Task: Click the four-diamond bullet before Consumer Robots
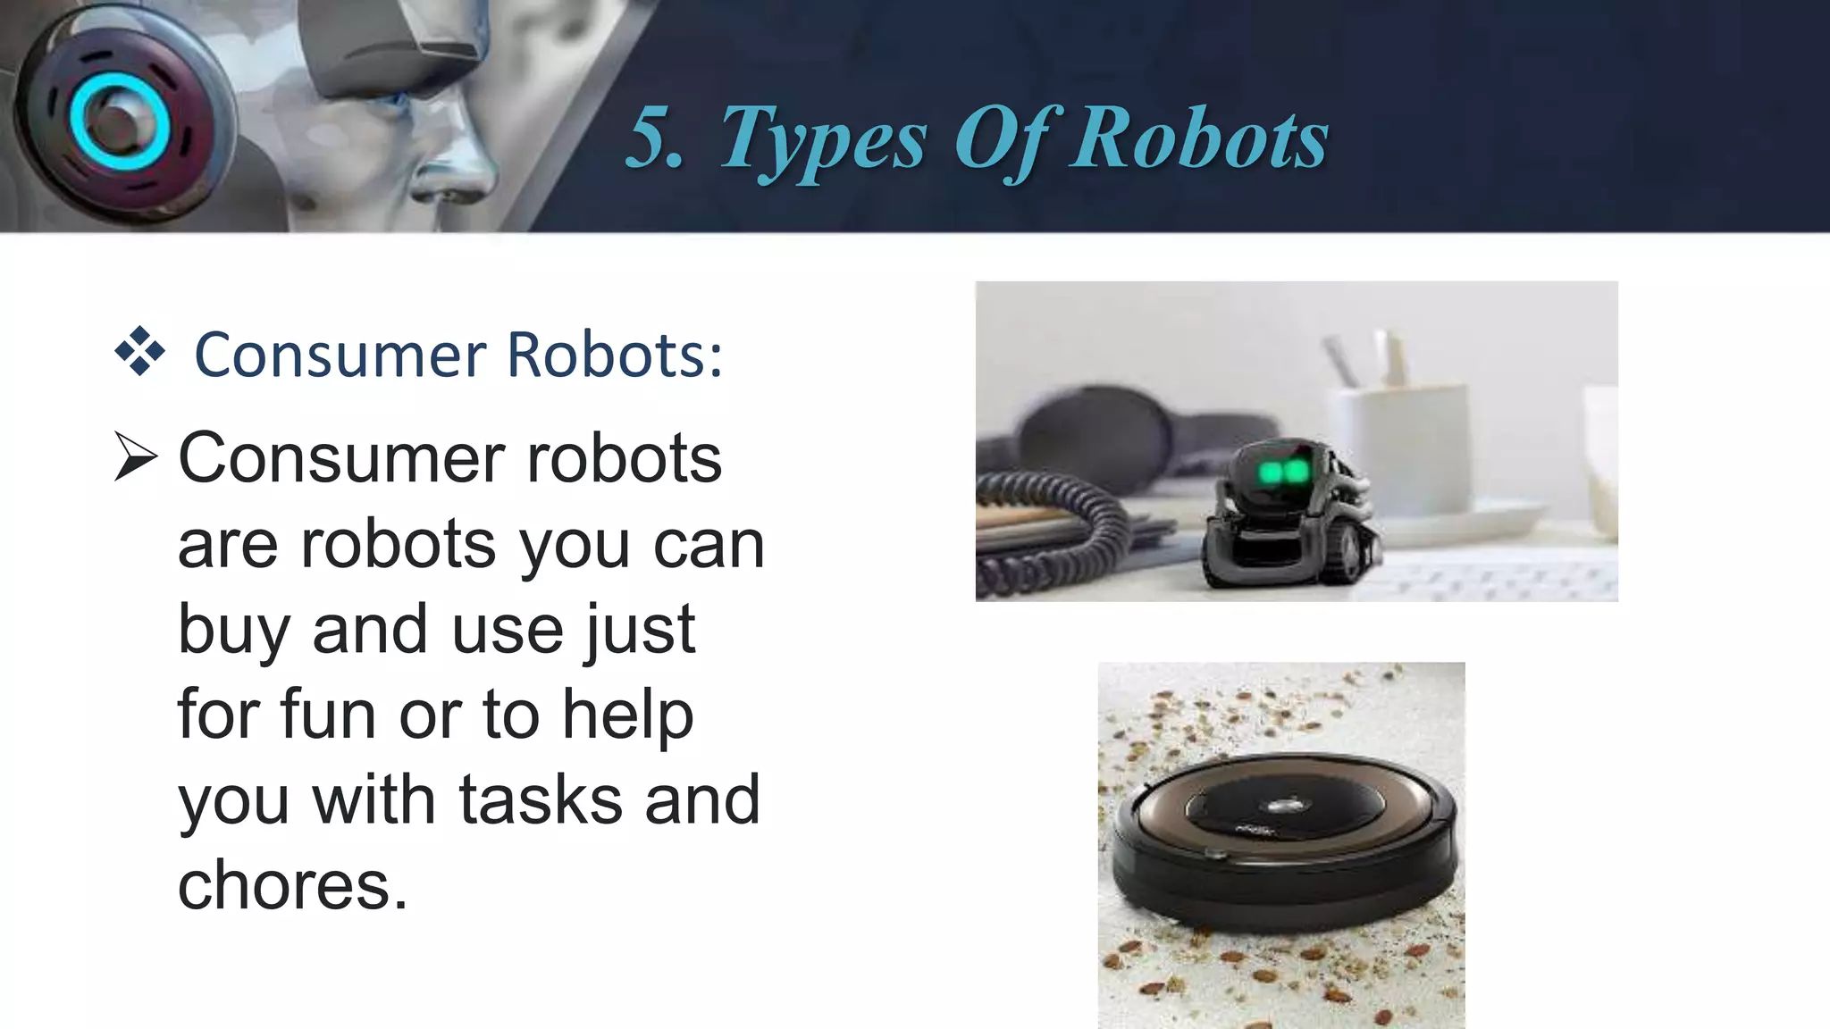pyautogui.click(x=140, y=352)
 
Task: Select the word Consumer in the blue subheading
pyautogui.click(x=340, y=355)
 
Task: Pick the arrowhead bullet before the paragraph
pyautogui.click(x=136, y=458)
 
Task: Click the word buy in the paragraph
pyautogui.click(x=233, y=630)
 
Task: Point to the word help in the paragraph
pyautogui.click(x=627, y=714)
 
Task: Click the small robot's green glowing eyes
pyautogui.click(x=1283, y=473)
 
